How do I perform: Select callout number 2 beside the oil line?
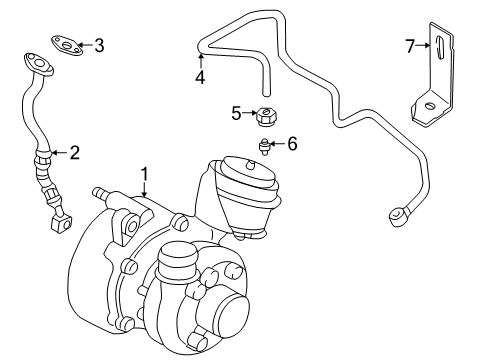75,153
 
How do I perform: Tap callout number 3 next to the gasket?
99,45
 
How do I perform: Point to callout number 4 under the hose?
200,77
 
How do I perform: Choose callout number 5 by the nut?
236,113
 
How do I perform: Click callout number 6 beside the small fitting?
292,144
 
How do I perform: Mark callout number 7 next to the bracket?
410,46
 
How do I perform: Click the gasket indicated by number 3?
67,45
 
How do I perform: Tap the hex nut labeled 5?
266,117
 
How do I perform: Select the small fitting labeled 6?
263,146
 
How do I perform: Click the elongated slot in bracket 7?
440,48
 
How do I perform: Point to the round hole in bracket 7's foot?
430,106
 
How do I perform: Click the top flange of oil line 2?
39,64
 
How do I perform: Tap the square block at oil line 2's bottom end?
61,224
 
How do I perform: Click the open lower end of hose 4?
266,93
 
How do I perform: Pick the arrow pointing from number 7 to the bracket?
423,45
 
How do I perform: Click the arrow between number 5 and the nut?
249,113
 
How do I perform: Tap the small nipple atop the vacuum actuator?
250,164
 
